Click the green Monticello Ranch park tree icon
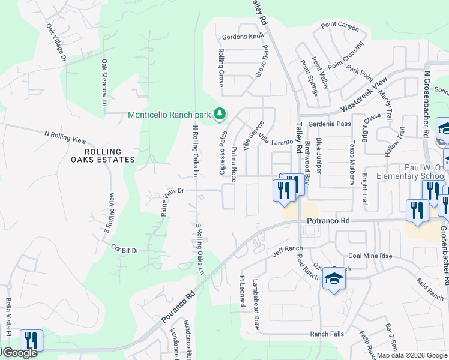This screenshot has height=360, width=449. (x=220, y=113)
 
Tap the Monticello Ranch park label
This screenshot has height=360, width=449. (x=170, y=115)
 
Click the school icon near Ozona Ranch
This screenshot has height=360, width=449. (x=334, y=278)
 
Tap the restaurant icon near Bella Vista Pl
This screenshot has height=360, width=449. (x=31, y=340)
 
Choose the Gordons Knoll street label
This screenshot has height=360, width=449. (x=243, y=37)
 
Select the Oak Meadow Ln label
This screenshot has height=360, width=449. (x=104, y=83)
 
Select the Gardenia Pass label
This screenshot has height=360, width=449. (x=330, y=124)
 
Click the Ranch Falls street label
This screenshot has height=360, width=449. (x=327, y=334)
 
